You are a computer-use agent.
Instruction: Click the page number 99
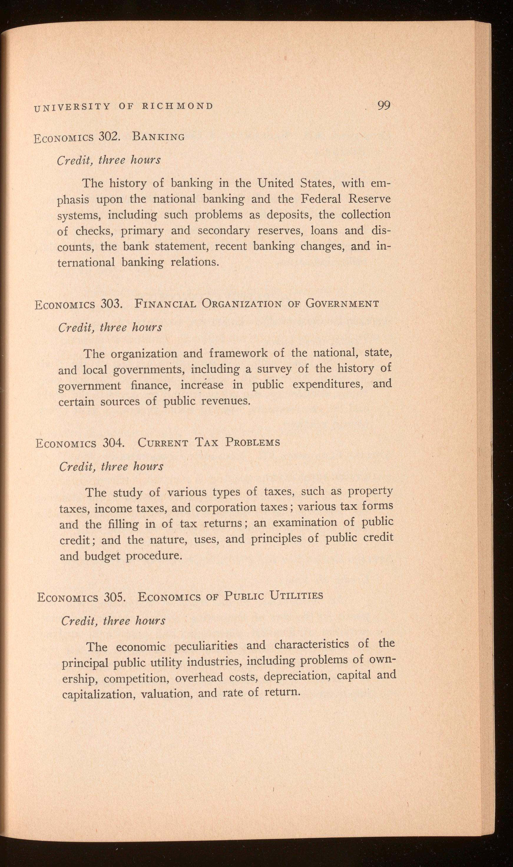coord(384,105)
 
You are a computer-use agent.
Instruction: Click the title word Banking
coord(158,137)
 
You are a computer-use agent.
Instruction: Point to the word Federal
coord(322,199)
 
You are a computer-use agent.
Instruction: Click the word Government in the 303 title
coord(342,304)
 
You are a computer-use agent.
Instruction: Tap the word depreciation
coord(296,677)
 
